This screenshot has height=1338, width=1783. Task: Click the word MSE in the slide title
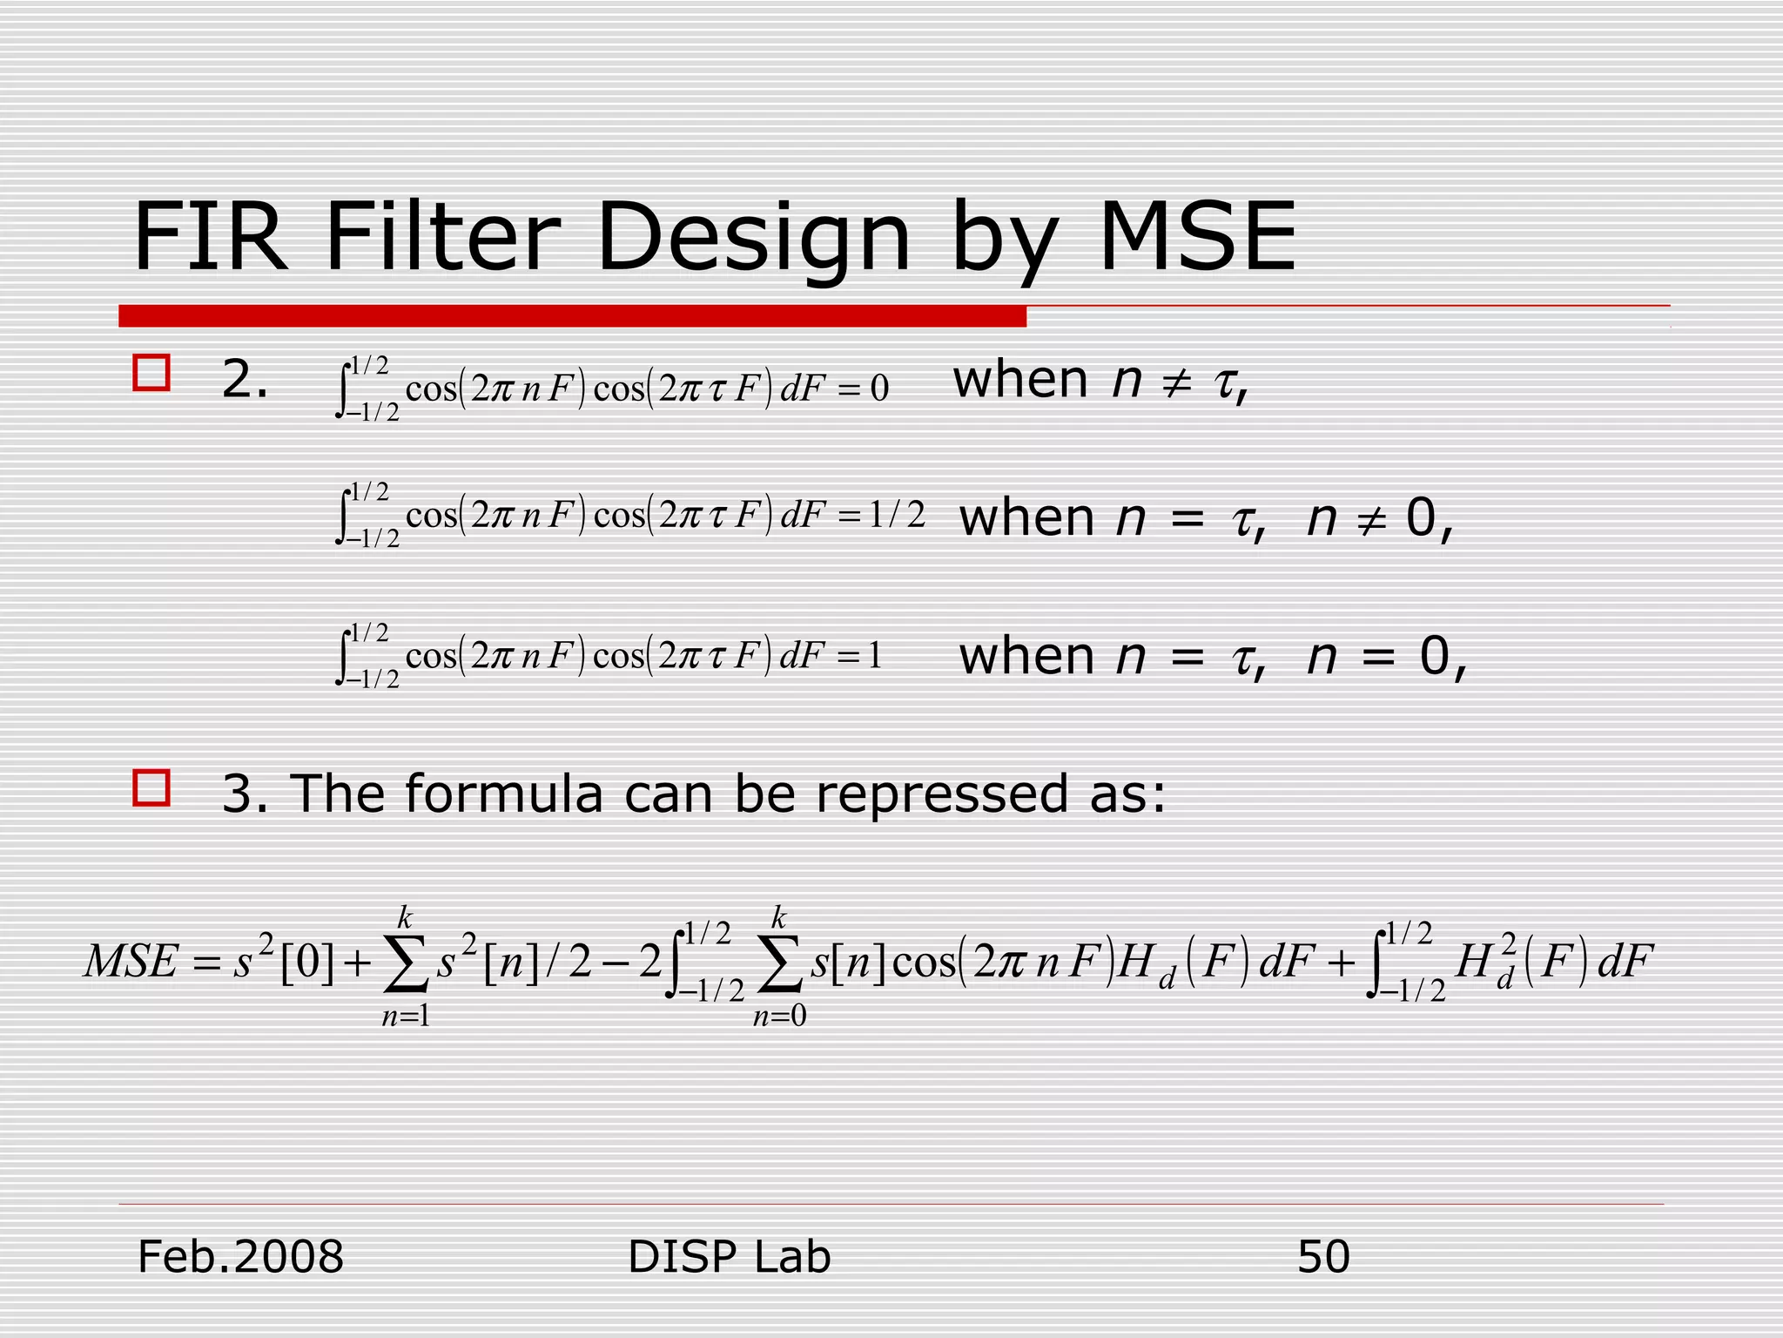tap(1198, 237)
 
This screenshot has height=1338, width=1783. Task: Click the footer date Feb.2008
tap(241, 1257)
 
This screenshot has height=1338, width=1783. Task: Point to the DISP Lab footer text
tap(729, 1257)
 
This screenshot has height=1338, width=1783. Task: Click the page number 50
tap(1323, 1257)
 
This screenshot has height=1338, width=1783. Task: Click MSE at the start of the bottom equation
tap(131, 963)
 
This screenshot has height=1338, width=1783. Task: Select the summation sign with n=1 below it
tap(406, 965)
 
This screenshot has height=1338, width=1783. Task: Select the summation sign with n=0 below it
tap(779, 965)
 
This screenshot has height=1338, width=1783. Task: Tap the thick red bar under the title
tap(572, 316)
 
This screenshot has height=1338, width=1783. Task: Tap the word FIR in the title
tap(209, 237)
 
